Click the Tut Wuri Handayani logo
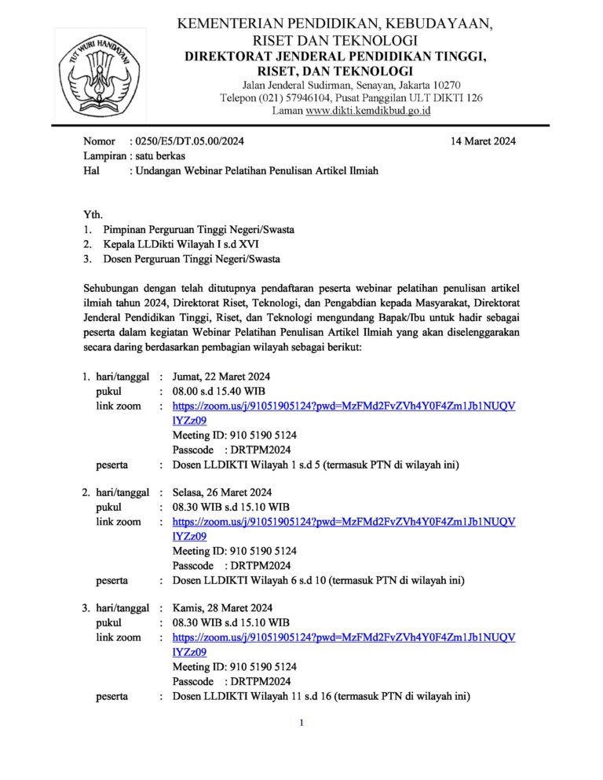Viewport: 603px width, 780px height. point(99,74)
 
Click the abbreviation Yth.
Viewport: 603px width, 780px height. point(93,214)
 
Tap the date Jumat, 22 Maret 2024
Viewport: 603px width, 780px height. point(222,377)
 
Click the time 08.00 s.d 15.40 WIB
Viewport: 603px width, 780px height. point(221,391)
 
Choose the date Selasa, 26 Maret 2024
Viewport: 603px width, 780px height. point(222,493)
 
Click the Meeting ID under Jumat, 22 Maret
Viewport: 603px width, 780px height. point(234,435)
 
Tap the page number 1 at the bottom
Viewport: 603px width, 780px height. point(301,723)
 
